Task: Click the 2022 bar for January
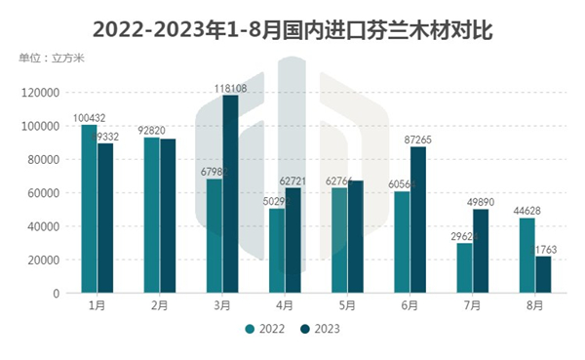(x=89, y=209)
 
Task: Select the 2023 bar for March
(x=230, y=194)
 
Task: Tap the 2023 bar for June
(x=418, y=220)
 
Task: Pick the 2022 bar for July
(x=465, y=268)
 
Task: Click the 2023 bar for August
(x=543, y=274)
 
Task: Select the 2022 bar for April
(x=277, y=251)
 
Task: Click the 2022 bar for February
(x=152, y=216)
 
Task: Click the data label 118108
(x=230, y=88)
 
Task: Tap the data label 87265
(x=418, y=140)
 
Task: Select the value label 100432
(x=90, y=118)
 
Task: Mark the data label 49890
(x=482, y=202)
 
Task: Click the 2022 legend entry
(x=264, y=329)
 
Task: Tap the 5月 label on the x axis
(x=347, y=305)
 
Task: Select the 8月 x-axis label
(x=535, y=305)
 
